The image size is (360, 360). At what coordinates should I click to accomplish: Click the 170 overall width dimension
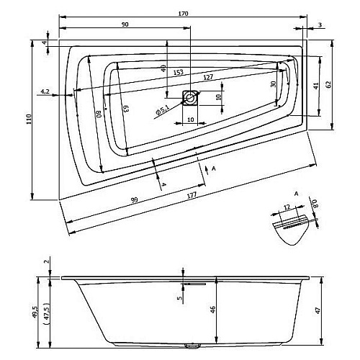click(183, 14)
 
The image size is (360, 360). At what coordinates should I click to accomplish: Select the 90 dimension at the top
click(125, 24)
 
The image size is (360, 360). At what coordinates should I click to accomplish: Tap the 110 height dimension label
click(29, 120)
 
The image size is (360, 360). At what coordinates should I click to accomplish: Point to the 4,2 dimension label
click(45, 91)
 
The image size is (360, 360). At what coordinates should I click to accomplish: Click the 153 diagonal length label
click(179, 72)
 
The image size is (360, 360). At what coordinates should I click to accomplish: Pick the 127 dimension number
click(208, 77)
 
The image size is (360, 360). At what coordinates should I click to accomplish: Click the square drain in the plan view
click(190, 98)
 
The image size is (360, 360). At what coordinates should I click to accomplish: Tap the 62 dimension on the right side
click(329, 84)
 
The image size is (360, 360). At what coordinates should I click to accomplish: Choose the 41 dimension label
click(316, 86)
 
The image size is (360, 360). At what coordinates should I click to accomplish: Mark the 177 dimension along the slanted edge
click(192, 195)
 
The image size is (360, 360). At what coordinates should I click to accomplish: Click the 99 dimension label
click(135, 199)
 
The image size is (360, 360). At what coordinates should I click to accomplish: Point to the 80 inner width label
click(99, 113)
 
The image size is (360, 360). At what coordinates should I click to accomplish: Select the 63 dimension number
click(126, 109)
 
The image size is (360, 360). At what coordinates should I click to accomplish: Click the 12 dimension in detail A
click(287, 207)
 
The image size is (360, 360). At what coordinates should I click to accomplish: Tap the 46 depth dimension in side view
click(212, 310)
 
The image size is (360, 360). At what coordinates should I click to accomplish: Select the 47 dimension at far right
click(318, 311)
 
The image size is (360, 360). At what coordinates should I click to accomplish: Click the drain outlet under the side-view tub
click(192, 346)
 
